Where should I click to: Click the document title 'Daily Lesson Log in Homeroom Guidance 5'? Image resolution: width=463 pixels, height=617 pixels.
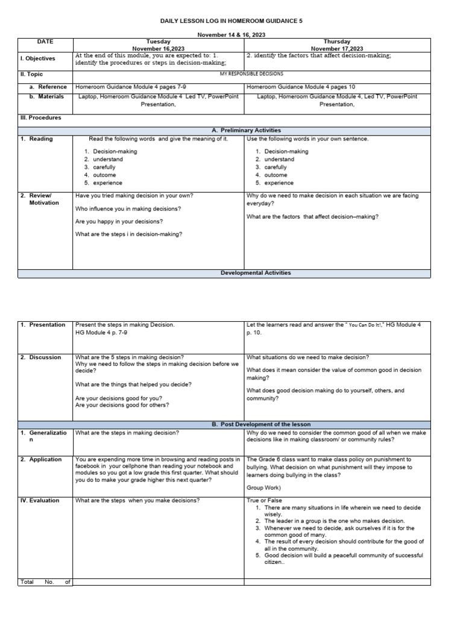point(231,20)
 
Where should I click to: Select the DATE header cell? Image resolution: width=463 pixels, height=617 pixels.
point(45,42)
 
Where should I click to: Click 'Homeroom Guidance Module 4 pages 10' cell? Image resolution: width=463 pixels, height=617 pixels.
point(301,87)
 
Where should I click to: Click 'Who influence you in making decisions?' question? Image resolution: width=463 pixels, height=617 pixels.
point(128,208)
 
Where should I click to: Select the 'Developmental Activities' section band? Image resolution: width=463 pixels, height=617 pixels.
point(256,273)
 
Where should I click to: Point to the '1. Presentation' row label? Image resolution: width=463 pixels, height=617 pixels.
point(43,325)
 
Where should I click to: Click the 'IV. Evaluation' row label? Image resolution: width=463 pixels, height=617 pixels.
point(40,501)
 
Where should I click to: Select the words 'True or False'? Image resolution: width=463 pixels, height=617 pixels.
point(264,501)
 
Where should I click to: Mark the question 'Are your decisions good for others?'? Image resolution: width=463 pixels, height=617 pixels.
point(122,406)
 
